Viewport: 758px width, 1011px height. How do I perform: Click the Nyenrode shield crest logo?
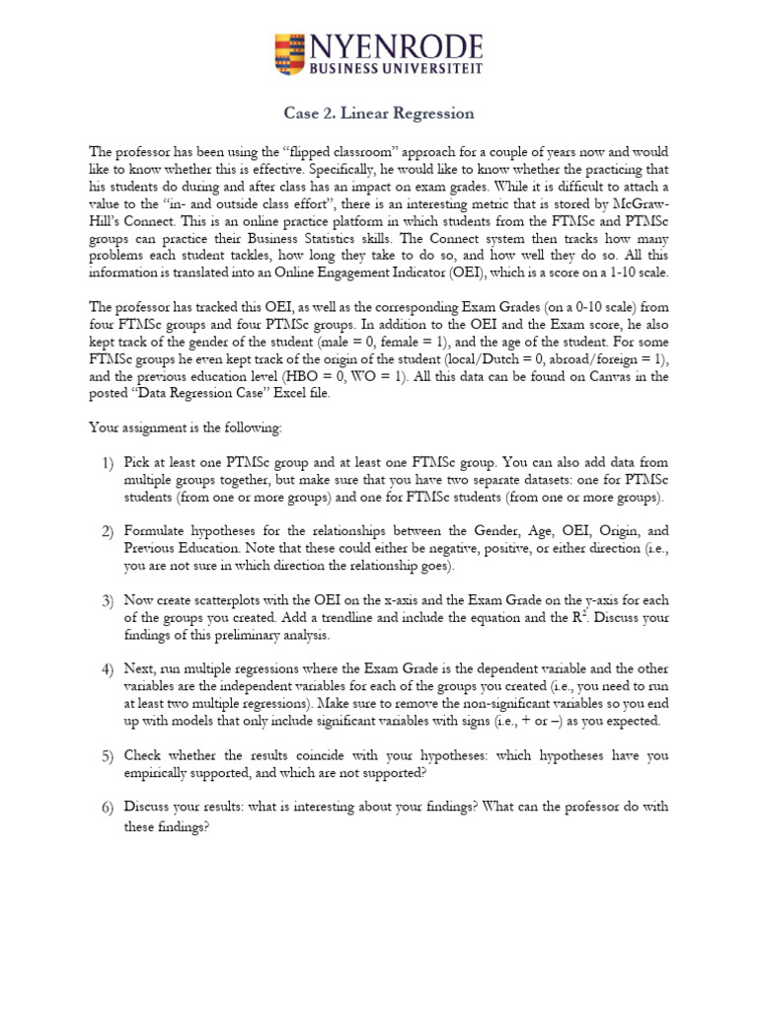pos(291,54)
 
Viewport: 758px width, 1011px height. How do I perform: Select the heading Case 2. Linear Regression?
pos(379,114)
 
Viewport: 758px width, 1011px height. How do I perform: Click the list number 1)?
pos(107,462)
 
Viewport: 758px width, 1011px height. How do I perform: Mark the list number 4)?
pos(107,669)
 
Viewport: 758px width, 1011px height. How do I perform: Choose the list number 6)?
pos(107,807)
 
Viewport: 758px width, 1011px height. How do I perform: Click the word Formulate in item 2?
pos(156,531)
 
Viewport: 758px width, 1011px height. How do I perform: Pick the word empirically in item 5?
pos(158,772)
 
